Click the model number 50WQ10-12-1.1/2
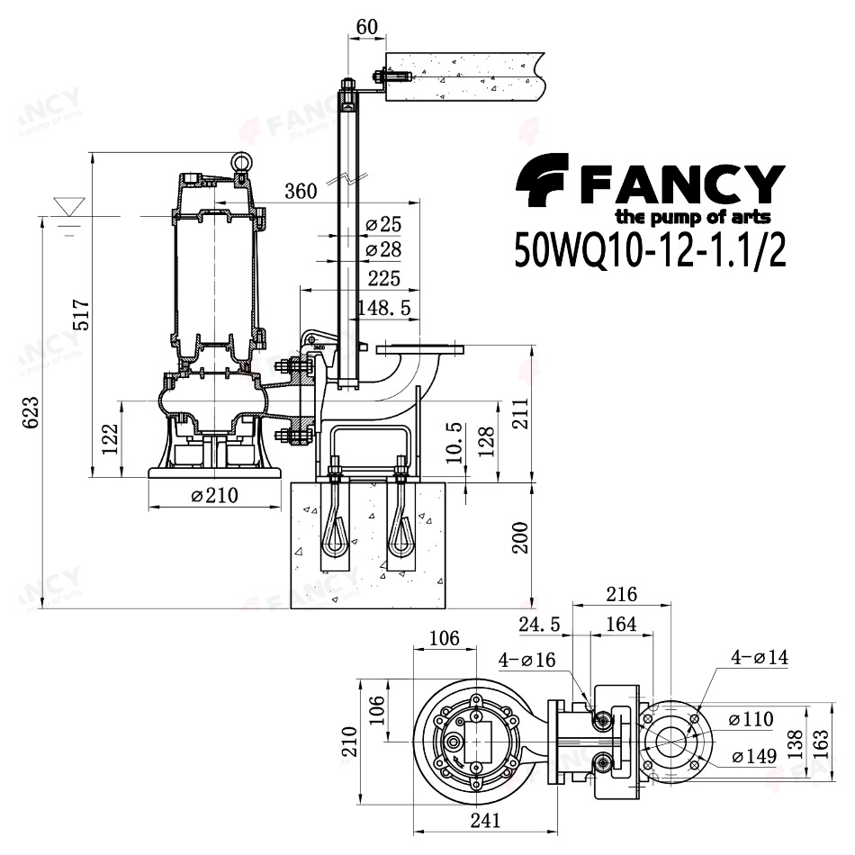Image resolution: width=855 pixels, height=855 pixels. point(651,249)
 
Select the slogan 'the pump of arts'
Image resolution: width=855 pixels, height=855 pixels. point(693,217)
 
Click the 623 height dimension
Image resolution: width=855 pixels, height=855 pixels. point(31,412)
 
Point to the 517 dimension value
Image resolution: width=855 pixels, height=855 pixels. point(81,314)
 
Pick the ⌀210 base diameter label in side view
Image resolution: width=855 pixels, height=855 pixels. point(215,495)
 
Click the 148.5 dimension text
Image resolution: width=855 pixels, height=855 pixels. point(384,308)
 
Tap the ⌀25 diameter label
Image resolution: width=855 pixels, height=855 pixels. point(383,224)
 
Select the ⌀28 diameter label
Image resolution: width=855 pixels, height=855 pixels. point(383,249)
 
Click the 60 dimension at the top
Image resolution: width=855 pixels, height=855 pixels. point(366,27)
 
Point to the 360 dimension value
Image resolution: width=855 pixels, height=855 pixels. point(301,191)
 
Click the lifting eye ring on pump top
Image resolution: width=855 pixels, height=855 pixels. point(239,161)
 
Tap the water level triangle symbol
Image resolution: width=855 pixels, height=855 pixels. point(69,207)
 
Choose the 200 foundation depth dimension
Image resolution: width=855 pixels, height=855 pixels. point(520,537)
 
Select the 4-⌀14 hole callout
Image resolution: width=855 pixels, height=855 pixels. point(760,658)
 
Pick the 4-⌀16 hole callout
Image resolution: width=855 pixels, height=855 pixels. point(526,661)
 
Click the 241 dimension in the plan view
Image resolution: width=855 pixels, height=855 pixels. point(485,821)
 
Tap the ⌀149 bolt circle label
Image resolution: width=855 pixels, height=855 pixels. point(755,756)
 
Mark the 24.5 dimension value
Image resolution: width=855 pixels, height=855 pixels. point(539,625)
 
